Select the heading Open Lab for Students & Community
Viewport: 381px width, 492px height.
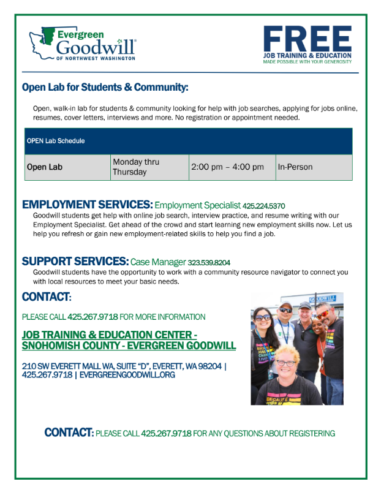point(105,87)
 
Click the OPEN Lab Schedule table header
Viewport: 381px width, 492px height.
point(56,141)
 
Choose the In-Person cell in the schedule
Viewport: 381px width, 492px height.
point(295,167)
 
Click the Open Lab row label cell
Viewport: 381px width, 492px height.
point(45,167)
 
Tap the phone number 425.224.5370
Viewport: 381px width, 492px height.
point(263,206)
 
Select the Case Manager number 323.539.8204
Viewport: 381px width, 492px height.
point(209,263)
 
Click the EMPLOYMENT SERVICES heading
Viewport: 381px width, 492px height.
point(86,205)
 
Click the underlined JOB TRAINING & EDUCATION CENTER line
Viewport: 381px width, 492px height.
point(109,335)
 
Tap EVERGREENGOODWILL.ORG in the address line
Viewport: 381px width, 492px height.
point(127,374)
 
